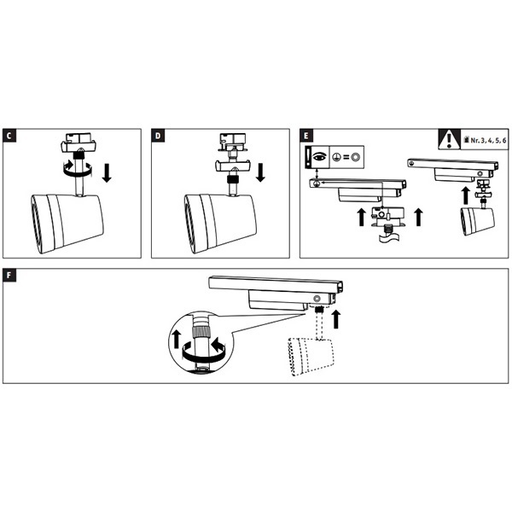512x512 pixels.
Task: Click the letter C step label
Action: pos(9,136)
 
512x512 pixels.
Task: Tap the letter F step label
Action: pos(9,277)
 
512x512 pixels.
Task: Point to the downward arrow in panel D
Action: pos(259,173)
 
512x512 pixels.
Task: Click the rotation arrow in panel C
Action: pos(70,169)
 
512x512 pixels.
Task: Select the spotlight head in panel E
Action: pos(475,222)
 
